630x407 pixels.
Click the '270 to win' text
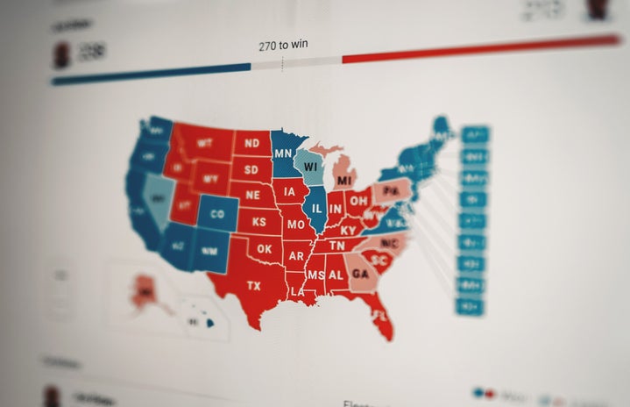[283, 45]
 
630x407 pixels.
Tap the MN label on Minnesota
[283, 153]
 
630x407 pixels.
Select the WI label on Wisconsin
[311, 164]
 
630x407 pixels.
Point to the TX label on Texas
[254, 286]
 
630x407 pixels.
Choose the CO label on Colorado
[217, 214]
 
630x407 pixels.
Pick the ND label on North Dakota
[251, 143]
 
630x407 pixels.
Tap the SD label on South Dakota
[251, 169]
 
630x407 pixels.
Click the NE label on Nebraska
[253, 196]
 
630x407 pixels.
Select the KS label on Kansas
[259, 223]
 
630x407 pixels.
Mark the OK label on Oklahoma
[265, 249]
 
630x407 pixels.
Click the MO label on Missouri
[296, 225]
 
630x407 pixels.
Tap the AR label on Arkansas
[296, 256]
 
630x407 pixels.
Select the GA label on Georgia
[359, 273]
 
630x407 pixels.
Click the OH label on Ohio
[358, 200]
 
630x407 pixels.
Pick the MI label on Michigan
[343, 181]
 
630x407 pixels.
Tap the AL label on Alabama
[336, 275]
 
